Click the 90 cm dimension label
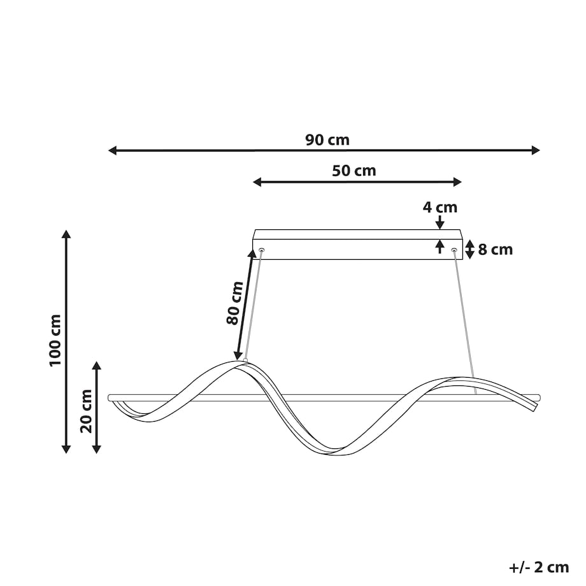pos(327,140)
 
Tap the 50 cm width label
pos(354,171)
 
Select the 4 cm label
pos(440,207)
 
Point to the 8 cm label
pos(495,250)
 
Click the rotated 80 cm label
pos(235,303)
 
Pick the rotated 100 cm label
pos(55,341)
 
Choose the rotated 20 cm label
pos(86,411)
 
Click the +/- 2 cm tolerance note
pos(539,568)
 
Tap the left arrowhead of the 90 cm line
pos(113,150)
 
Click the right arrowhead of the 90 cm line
pos(536,150)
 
